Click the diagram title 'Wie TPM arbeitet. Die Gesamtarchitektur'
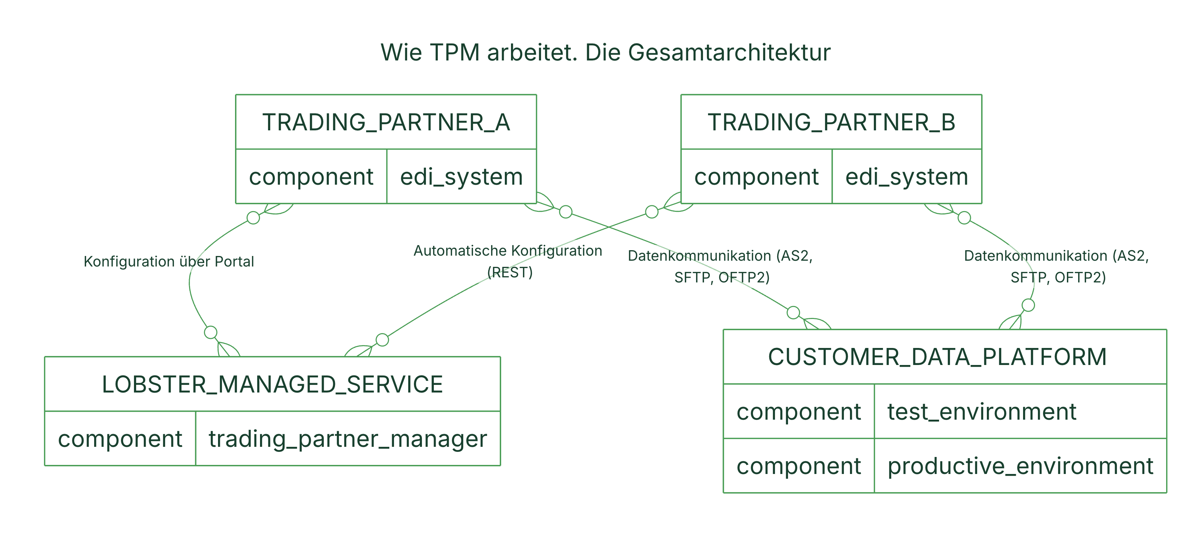coord(606,52)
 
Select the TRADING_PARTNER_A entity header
coord(386,122)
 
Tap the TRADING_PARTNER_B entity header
coord(832,122)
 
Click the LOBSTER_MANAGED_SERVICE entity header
coord(273,384)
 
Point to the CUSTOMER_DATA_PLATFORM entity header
coord(945,357)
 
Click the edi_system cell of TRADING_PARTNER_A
coord(462,176)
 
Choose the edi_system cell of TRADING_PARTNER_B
coord(907,176)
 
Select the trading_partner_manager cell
coord(348,438)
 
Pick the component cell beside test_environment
coord(799,411)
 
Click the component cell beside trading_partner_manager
coord(120,438)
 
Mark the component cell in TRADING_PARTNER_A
coord(311,176)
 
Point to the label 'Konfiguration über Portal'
coord(169,261)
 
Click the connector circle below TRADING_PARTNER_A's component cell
coord(254,217)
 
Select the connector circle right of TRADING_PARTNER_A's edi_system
coord(566,211)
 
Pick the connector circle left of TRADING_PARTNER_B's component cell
coord(652,211)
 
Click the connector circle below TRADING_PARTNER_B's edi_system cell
coord(964,217)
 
